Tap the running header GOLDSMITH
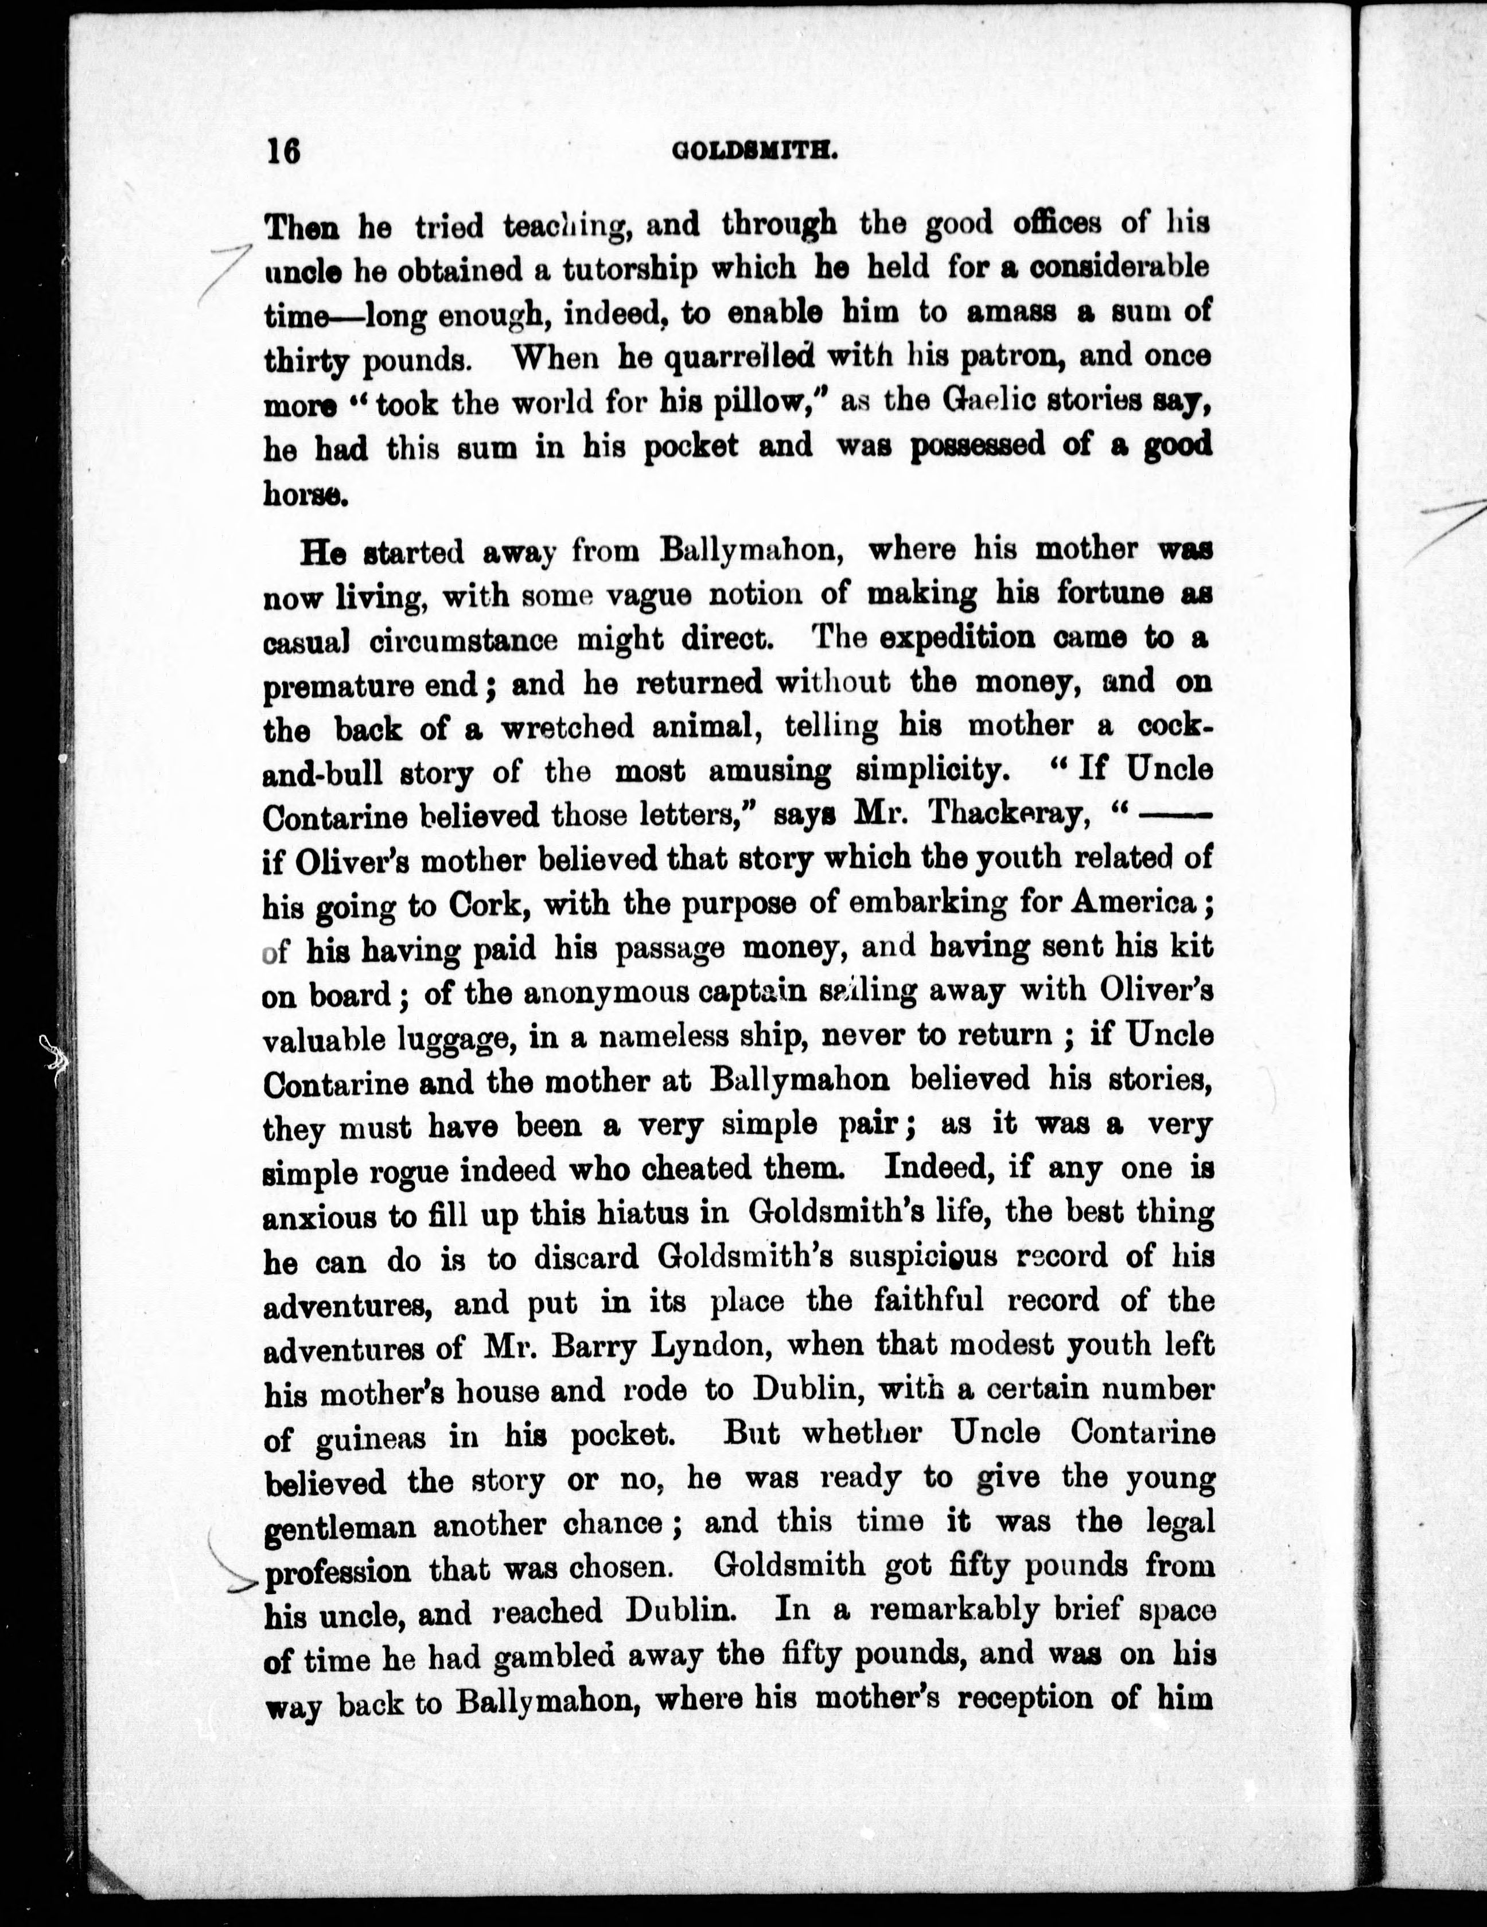(x=754, y=152)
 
